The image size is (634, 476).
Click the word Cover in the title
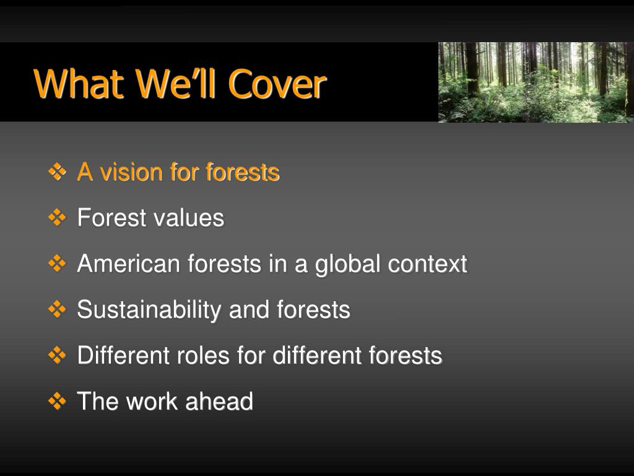pos(277,84)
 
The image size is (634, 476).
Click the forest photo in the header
pos(536,82)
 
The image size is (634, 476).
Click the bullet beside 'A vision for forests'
pos(57,171)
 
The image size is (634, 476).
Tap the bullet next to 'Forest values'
pos(57,218)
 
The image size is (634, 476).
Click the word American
pos(129,263)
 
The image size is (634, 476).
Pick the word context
pos(428,264)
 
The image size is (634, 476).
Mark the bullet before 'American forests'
pos(57,263)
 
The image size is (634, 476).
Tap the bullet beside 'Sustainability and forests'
pos(57,309)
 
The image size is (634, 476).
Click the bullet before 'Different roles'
pos(57,355)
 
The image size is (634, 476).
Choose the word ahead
pos(219,401)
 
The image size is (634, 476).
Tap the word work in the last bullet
pos(152,401)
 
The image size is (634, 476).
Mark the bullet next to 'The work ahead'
pos(57,401)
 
